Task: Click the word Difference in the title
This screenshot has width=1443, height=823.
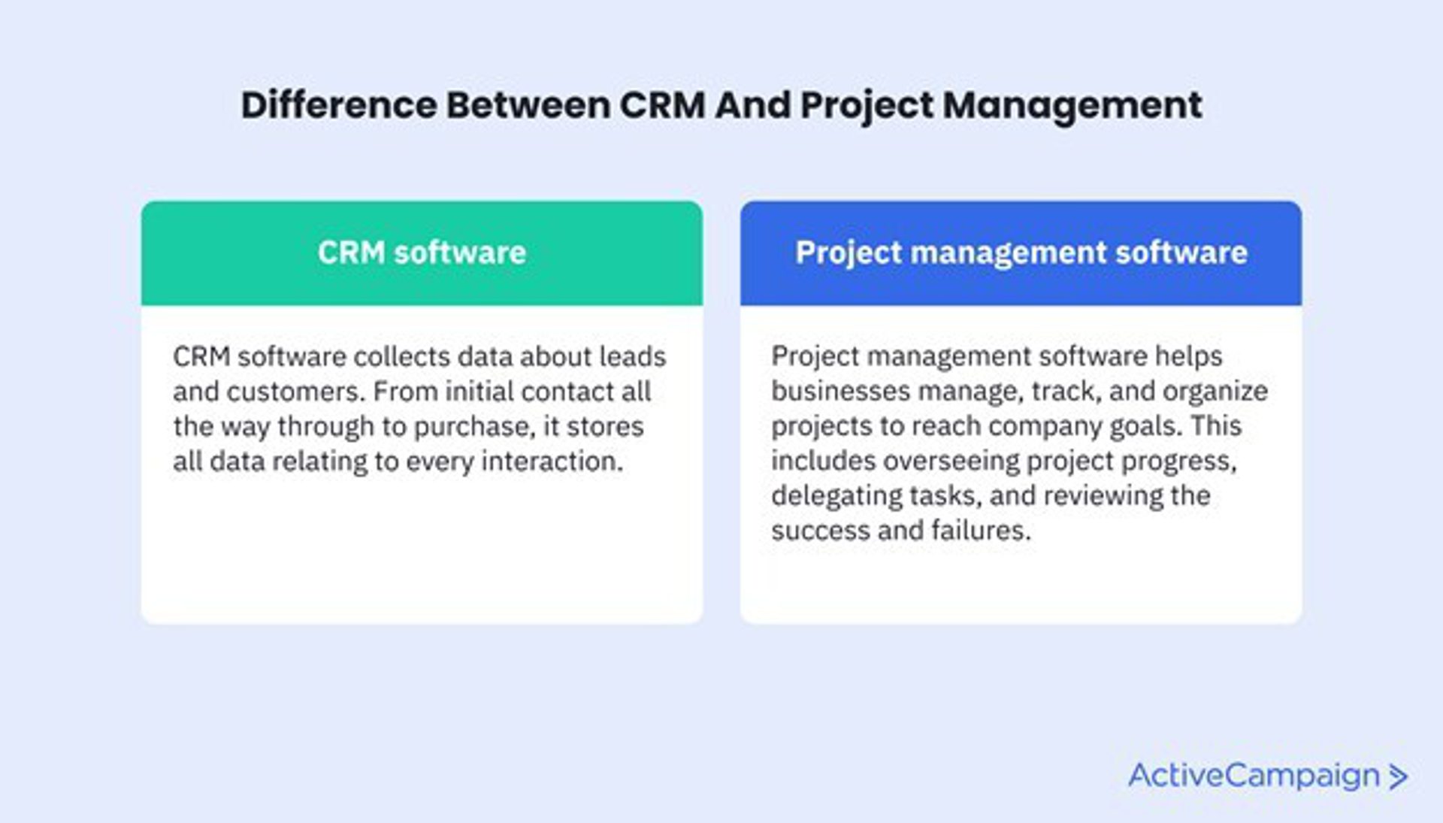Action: point(339,104)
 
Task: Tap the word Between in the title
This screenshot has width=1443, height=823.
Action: point(528,104)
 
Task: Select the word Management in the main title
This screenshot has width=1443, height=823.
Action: point(1072,106)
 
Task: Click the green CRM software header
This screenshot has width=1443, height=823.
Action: point(422,253)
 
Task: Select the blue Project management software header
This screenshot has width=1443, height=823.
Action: point(1021,253)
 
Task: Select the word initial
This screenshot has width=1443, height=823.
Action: point(479,392)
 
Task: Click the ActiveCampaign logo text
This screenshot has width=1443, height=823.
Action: point(1254,776)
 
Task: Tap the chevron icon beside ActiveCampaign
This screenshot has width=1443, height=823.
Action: point(1397,777)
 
